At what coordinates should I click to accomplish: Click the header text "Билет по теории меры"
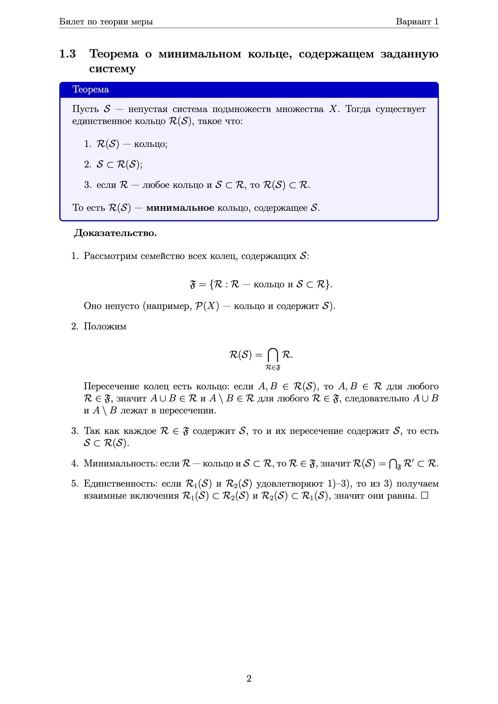[106, 21]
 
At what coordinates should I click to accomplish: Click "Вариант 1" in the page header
[417, 21]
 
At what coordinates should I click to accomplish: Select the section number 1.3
[67, 54]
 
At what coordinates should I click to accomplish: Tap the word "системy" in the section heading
[112, 69]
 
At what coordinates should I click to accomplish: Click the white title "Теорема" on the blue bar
[90, 89]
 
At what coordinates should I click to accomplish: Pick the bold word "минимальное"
[180, 208]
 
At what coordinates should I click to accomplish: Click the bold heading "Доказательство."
[115, 233]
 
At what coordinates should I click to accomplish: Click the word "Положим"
[105, 326]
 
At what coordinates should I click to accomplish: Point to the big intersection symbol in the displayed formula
[272, 355]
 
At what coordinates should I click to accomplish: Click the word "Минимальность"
[121, 463]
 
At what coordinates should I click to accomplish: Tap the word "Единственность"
[121, 484]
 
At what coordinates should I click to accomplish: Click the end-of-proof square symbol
[424, 496]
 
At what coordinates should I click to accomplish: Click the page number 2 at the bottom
[249, 678]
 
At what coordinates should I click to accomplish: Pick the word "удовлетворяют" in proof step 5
[289, 484]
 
